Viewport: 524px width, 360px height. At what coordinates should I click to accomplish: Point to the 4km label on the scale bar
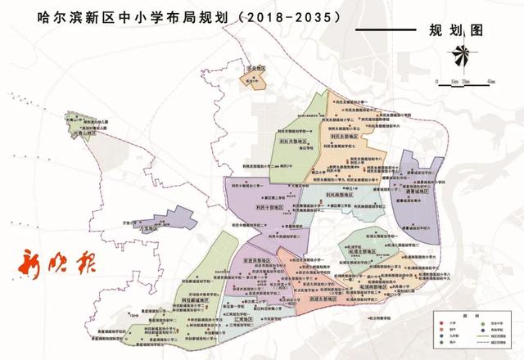tap(490, 83)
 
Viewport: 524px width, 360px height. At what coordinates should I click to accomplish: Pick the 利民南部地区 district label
tap(339, 195)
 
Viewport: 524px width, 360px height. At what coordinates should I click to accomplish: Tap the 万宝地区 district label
tap(148, 232)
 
